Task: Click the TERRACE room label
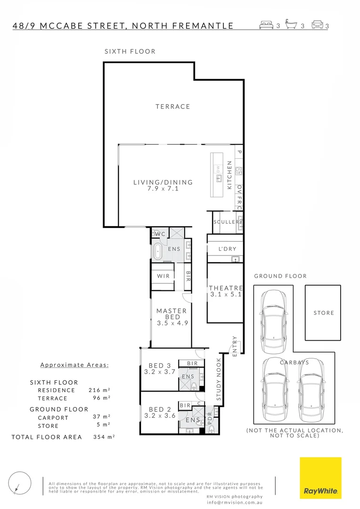[x=173, y=107]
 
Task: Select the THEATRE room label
[x=226, y=288]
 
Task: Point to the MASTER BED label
[x=172, y=314]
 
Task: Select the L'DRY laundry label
[x=228, y=249]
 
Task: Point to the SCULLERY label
[x=227, y=222]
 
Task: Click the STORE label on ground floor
[x=324, y=313]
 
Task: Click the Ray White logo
[x=320, y=478]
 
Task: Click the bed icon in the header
[x=266, y=25]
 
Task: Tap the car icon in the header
[x=317, y=25]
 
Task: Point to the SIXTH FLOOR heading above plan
[x=130, y=51]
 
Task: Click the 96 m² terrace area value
[x=99, y=398]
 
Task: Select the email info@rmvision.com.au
[x=234, y=502]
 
